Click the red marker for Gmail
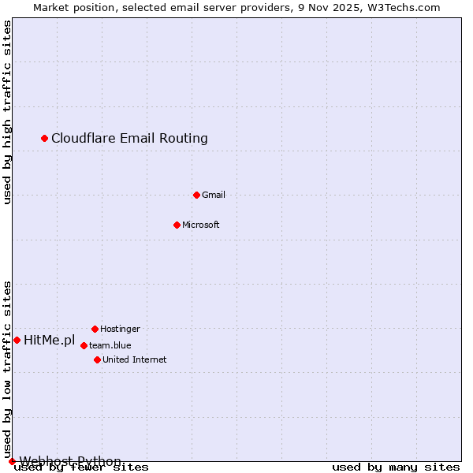[196, 195]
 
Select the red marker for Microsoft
[177, 225]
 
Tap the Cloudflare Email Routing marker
[45, 139]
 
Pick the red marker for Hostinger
[95, 329]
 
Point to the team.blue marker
[84, 345]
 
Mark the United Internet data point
[97, 359]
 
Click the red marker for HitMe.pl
[17, 340]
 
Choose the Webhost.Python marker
[12, 461]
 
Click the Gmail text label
[214, 195]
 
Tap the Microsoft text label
[201, 225]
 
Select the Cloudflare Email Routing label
[129, 139]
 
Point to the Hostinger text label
[120, 329]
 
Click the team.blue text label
[110, 345]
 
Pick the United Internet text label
[135, 359]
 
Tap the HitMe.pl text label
[49, 341]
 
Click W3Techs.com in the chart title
[408, 7]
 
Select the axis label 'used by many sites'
[396, 467]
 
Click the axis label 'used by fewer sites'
[81, 467]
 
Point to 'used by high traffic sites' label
[7, 112]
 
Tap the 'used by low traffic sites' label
[7, 370]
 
